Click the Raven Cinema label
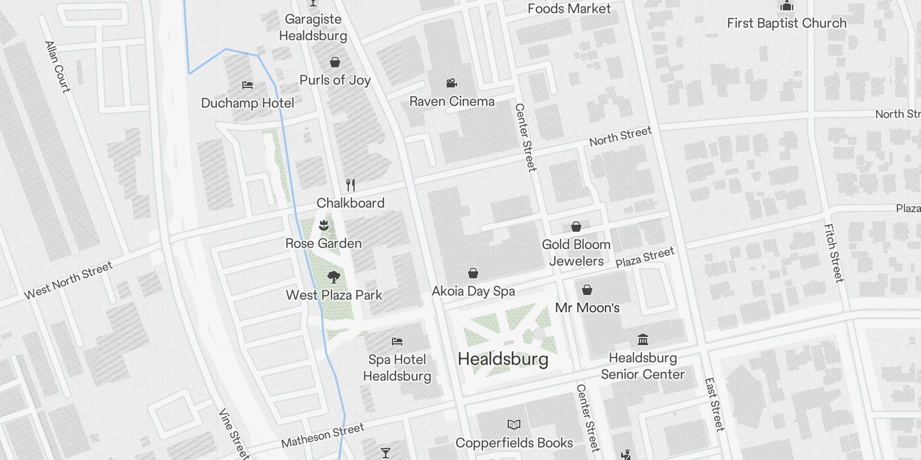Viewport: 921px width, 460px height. pos(452,102)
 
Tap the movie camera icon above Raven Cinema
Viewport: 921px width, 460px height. pos(452,83)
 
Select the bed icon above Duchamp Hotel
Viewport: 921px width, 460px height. pos(248,85)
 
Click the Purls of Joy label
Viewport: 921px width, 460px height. pos(335,80)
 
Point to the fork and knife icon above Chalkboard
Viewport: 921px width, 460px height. pos(351,185)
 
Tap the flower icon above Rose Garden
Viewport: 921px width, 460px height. pos(324,225)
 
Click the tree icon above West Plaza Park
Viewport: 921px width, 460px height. pos(333,277)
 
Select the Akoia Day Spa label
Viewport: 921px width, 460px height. pos(473,291)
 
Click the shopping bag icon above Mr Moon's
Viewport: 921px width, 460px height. pos(587,290)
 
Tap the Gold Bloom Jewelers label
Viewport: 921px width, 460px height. pos(576,252)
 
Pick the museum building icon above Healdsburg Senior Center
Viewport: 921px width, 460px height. pos(643,340)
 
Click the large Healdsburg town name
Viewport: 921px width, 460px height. pos(503,359)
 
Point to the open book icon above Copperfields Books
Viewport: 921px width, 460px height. pos(514,425)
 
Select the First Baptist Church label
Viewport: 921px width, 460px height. pos(786,24)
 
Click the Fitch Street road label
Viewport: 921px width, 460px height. pos(834,253)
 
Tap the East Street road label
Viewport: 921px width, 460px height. pos(714,404)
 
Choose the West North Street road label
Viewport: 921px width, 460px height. pos(68,281)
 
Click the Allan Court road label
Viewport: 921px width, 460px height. pos(58,67)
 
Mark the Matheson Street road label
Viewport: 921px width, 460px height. pos(322,435)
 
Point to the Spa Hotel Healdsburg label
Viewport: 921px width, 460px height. pos(397,368)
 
